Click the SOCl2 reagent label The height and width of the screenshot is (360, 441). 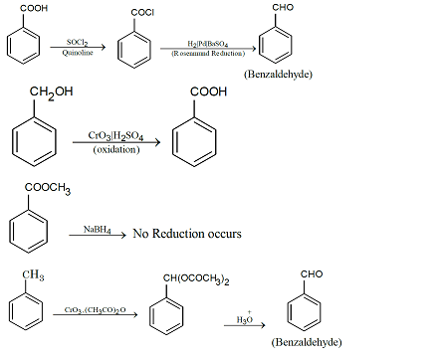(x=78, y=42)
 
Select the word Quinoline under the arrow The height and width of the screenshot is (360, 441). (x=78, y=54)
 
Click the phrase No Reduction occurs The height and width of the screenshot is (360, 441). (x=187, y=235)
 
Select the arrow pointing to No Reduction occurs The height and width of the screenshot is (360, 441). (x=100, y=235)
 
